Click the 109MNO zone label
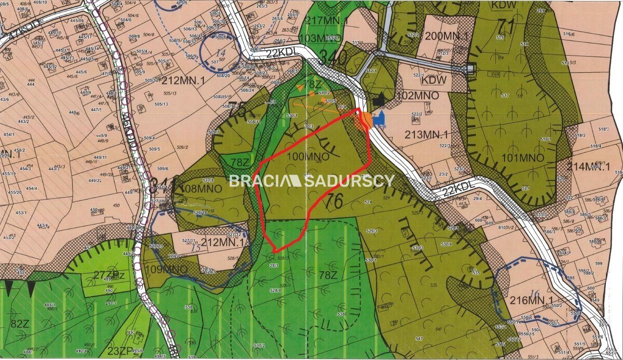tap(166, 269)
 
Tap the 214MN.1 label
tap(589, 166)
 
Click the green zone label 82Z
tap(21, 323)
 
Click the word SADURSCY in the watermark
tap(349, 181)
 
